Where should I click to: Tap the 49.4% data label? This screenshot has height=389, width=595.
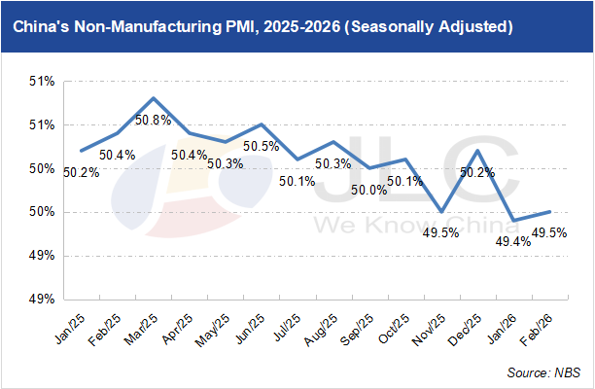click(515, 241)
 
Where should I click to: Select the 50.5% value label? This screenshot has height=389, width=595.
click(261, 147)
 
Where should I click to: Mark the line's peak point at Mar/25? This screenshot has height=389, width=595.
click(154, 98)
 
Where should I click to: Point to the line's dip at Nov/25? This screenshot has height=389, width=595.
click(441, 211)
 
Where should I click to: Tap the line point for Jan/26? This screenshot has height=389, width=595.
click(513, 221)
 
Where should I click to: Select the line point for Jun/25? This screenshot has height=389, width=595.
click(262, 124)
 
